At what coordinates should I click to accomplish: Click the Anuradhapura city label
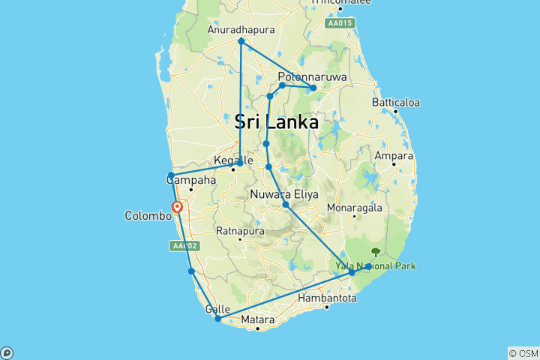pyautogui.click(x=240, y=30)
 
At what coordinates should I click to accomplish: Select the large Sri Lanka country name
pyautogui.click(x=276, y=121)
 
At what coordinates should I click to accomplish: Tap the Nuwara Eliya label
pyautogui.click(x=285, y=194)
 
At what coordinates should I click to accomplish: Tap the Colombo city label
pyautogui.click(x=148, y=215)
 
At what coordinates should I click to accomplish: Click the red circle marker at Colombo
pyautogui.click(x=178, y=207)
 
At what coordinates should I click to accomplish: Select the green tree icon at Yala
pyautogui.click(x=375, y=253)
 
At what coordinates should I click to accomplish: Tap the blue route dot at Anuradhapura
pyautogui.click(x=241, y=41)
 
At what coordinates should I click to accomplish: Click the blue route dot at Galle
pyautogui.click(x=217, y=319)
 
